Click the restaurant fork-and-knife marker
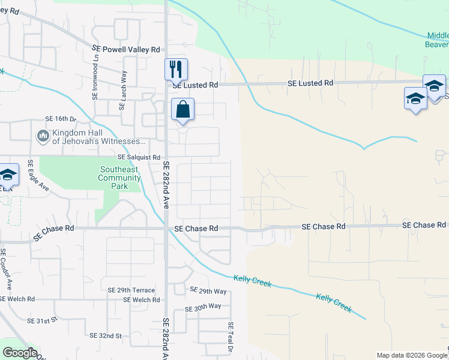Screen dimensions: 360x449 (x=176, y=69)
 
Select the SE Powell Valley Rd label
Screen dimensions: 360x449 (x=126, y=49)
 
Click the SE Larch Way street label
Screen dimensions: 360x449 (x=122, y=90)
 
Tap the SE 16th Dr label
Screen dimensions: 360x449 (x=61, y=119)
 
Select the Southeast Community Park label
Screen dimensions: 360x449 (x=119, y=178)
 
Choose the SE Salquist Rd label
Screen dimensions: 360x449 (x=136, y=157)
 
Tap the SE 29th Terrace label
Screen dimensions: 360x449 (x=131, y=290)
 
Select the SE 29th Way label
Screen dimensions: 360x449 (x=208, y=291)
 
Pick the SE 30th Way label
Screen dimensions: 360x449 (x=203, y=307)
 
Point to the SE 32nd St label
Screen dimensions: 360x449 (x=105, y=335)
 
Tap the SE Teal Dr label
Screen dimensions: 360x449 (x=230, y=336)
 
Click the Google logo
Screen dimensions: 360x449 (x=20, y=353)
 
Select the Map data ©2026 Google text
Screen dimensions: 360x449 (x=411, y=355)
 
